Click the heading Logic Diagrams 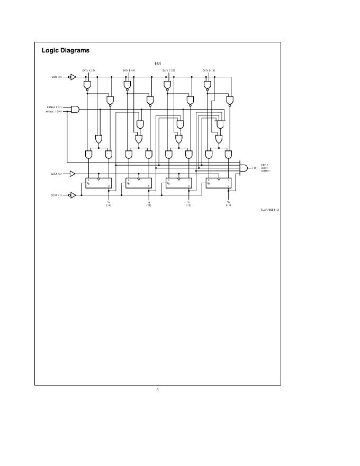pos(66,51)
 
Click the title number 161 pos(158,64)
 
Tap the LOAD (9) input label pos(57,77)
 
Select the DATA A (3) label pos(88,70)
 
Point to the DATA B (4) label pos(129,70)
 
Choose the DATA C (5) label pos(168,70)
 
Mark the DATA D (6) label pos(209,70)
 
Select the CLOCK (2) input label pos(57,173)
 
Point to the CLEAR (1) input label pos(57,195)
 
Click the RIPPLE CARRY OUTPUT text pos(264,168)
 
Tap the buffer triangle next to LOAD pos(73,77)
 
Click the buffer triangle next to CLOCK pos(73,173)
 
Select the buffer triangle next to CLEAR pos(73,195)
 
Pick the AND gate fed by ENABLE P pos(75,110)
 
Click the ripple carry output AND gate pos(244,168)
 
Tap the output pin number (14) pos(109,205)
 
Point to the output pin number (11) pos(228,205)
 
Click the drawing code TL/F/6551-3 pos(269,210)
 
